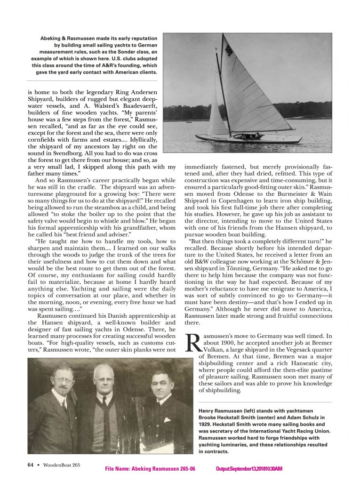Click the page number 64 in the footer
pyautogui.click(x=30, y=465)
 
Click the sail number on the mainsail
pyautogui.click(x=229, y=50)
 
